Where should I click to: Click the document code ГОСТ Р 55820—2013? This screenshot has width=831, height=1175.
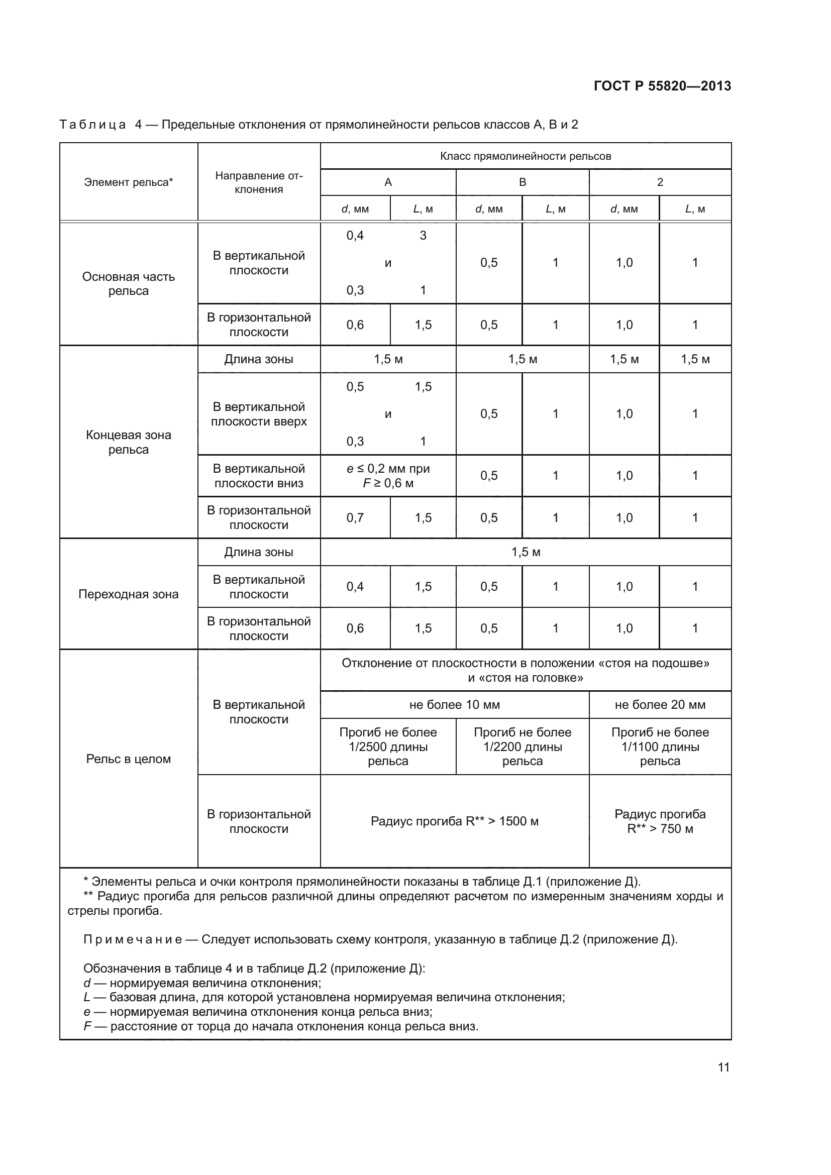pyautogui.click(x=662, y=86)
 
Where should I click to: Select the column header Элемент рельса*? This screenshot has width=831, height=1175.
pyautogui.click(x=129, y=182)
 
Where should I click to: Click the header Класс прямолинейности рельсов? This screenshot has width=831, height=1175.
pyautogui.click(x=526, y=156)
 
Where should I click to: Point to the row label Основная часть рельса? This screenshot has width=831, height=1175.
pyautogui.click(x=129, y=283)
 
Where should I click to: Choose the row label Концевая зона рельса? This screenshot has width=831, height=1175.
pyautogui.click(x=129, y=442)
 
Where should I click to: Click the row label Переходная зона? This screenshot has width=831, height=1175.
pyautogui.click(x=129, y=594)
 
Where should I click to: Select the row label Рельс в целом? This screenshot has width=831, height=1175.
pyautogui.click(x=129, y=759)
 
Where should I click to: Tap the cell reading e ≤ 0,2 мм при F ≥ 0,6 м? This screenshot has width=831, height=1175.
pyautogui.click(x=388, y=476)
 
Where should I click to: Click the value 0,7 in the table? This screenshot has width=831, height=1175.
pyautogui.click(x=355, y=518)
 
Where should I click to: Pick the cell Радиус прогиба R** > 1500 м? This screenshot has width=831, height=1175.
pyautogui.click(x=454, y=821)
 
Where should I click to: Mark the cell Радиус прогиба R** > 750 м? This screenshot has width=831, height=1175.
pyautogui.click(x=660, y=821)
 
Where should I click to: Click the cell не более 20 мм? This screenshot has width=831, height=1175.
pyautogui.click(x=660, y=705)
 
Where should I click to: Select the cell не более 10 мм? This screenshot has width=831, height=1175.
pyautogui.click(x=454, y=705)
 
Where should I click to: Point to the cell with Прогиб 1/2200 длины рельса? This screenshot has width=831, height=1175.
pyautogui.click(x=523, y=746)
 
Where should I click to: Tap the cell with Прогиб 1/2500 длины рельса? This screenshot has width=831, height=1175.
pyautogui.click(x=388, y=746)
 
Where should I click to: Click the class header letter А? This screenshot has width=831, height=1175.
pyautogui.click(x=388, y=182)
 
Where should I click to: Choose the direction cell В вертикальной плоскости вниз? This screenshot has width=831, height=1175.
pyautogui.click(x=259, y=476)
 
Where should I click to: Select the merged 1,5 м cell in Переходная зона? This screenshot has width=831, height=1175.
pyautogui.click(x=526, y=552)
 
